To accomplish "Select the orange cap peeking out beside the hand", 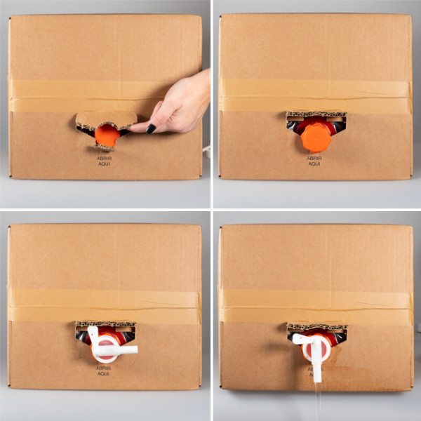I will [107, 135].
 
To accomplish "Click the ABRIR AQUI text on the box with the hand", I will [105, 161].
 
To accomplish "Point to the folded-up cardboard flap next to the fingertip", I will [105, 120].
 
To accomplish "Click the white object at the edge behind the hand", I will [206, 149].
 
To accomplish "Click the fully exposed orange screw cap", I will [315, 138].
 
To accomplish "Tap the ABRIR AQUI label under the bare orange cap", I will [315, 162].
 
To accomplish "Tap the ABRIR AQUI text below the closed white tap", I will [105, 371].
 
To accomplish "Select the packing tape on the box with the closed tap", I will [105, 306].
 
